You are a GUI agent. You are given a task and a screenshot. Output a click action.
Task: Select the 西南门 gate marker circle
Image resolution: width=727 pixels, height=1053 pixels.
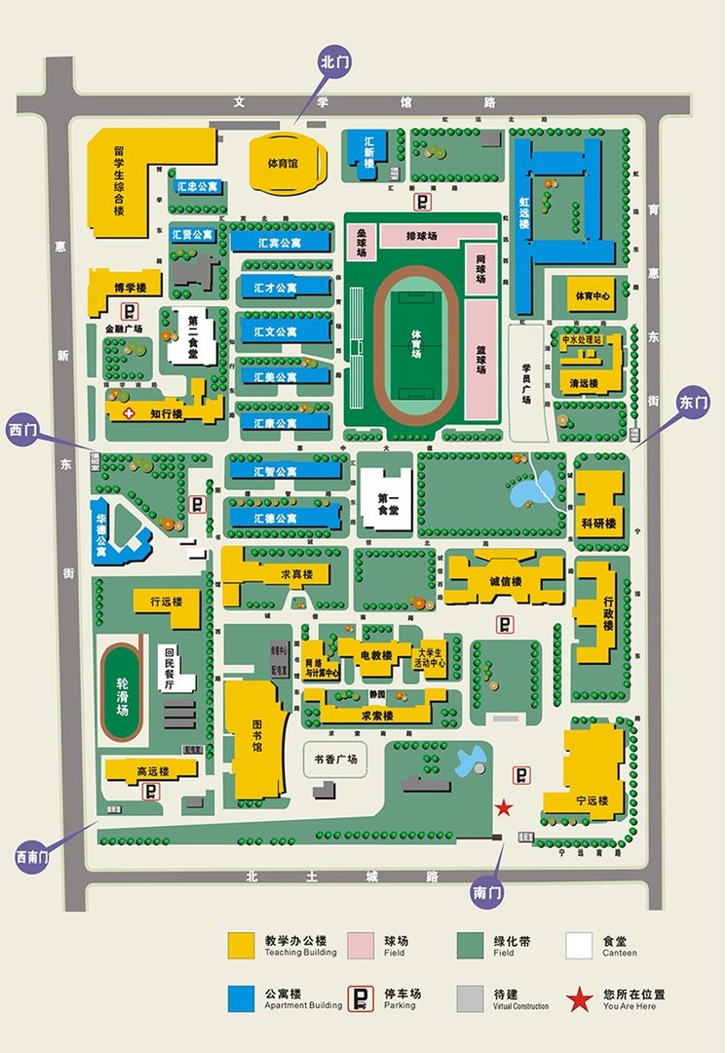[32, 857]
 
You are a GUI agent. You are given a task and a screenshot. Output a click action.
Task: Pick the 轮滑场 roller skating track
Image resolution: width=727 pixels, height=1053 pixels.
[122, 694]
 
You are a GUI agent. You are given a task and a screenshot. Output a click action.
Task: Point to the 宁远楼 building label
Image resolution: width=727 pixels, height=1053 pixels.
[591, 800]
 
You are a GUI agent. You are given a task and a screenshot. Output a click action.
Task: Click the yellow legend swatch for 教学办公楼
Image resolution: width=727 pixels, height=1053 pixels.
[242, 945]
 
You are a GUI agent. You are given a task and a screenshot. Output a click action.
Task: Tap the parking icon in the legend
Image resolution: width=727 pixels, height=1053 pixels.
[361, 998]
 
